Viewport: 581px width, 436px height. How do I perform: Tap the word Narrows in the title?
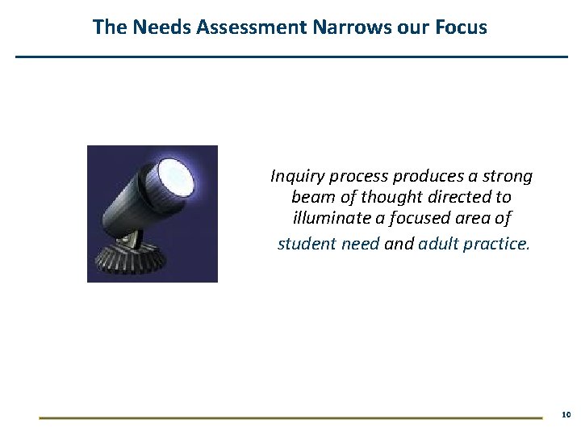tap(344, 27)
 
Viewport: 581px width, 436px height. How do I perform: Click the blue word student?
tap(305, 242)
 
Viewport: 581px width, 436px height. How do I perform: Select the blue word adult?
tap(438, 242)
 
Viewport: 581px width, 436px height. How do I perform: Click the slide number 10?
tap(565, 414)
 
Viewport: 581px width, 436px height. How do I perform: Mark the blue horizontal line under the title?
tap(291, 57)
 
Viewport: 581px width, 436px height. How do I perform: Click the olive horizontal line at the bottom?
tap(290, 417)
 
